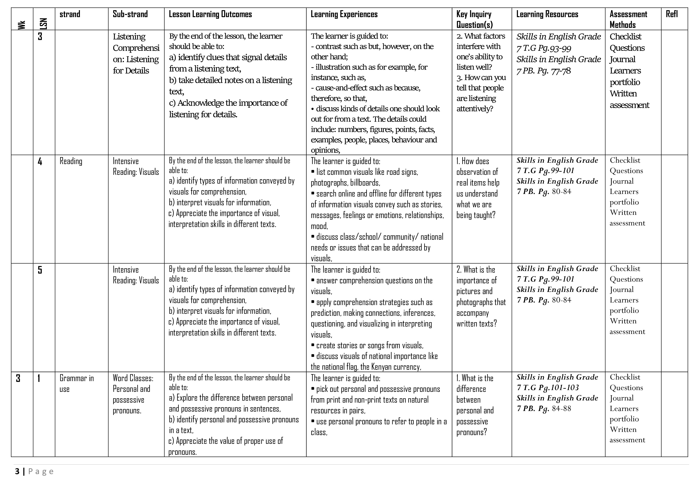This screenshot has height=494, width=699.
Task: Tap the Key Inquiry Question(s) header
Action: click(x=474, y=19)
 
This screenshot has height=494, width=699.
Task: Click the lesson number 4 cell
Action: click(x=40, y=161)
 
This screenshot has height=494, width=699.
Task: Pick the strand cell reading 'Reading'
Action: click(x=71, y=161)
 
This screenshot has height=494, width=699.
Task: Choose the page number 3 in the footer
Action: click(x=17, y=472)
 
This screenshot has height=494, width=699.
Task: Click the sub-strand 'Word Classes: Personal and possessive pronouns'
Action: click(x=133, y=394)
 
